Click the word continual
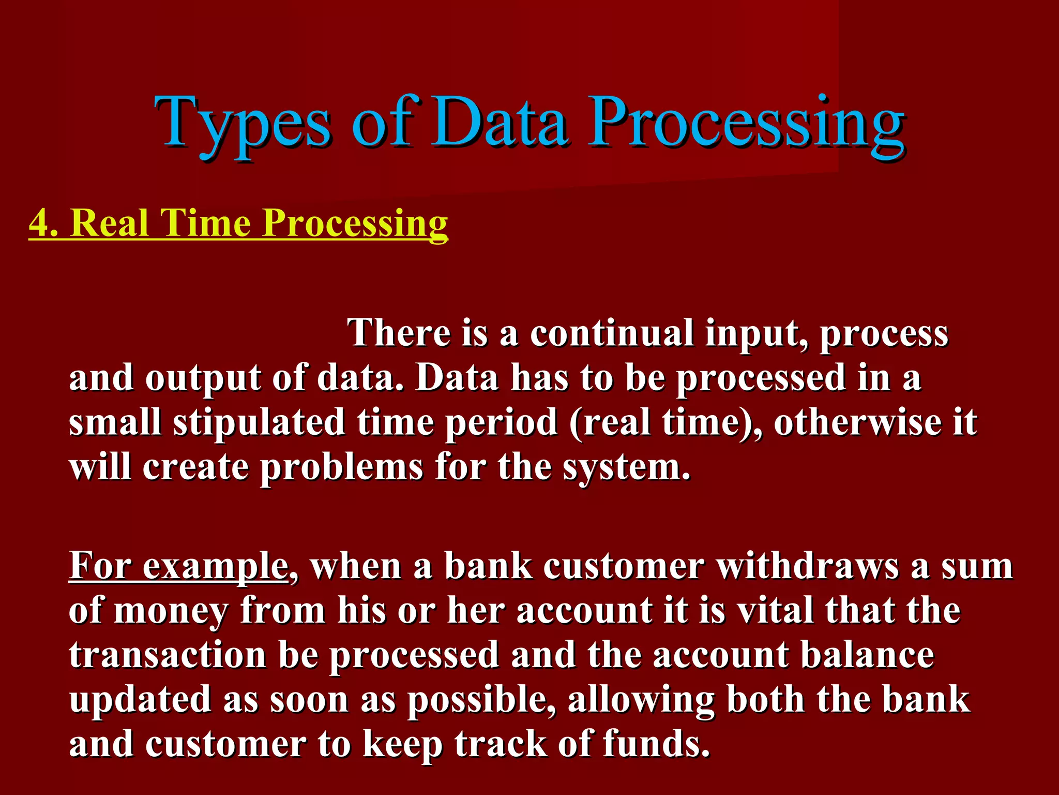click(x=611, y=333)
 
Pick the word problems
click(x=342, y=468)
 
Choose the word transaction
click(x=168, y=655)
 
